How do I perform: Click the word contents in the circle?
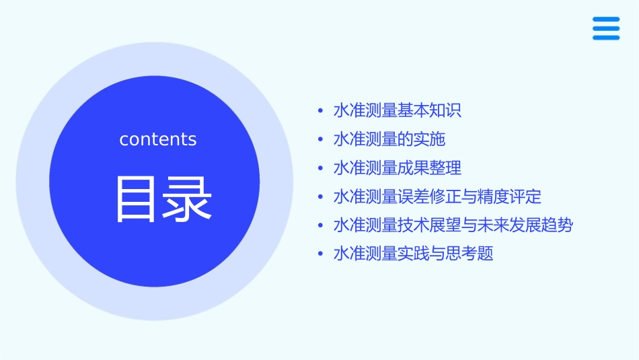(158, 139)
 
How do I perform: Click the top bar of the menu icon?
(606, 20)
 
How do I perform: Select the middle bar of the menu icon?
(606, 29)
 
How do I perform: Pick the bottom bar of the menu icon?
(606, 38)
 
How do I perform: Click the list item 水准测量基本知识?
(397, 110)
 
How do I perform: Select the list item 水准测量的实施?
(389, 139)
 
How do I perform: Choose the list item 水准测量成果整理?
(397, 168)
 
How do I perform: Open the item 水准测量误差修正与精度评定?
(437, 196)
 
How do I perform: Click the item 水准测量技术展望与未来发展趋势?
(453, 225)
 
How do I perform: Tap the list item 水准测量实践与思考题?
(413, 254)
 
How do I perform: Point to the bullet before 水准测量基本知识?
(321, 111)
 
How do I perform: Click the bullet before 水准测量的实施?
(321, 140)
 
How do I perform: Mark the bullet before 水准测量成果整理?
(321, 168)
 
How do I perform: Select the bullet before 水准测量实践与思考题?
(321, 254)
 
